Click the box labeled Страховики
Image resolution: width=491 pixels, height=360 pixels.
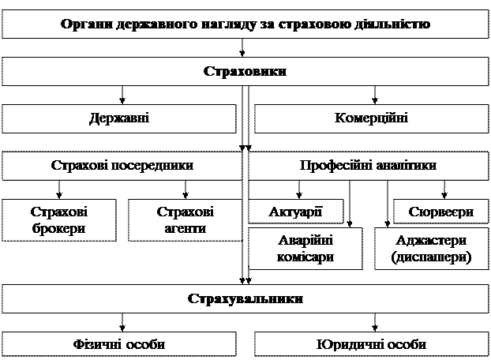(x=245, y=71)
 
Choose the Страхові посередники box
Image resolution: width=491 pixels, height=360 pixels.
(x=122, y=166)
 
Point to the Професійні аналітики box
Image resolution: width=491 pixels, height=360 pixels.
(x=368, y=166)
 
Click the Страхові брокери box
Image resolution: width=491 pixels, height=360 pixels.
(x=58, y=220)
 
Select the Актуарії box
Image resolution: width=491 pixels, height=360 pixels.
(x=296, y=212)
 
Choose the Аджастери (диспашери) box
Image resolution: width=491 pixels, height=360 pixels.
(x=431, y=249)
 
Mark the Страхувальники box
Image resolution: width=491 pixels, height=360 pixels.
(x=245, y=299)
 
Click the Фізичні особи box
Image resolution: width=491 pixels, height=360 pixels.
(x=119, y=344)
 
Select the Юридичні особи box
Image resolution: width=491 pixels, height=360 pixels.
(x=370, y=344)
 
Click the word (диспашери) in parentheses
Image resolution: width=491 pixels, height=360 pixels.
(x=431, y=257)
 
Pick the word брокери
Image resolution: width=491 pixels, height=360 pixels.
(x=58, y=229)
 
